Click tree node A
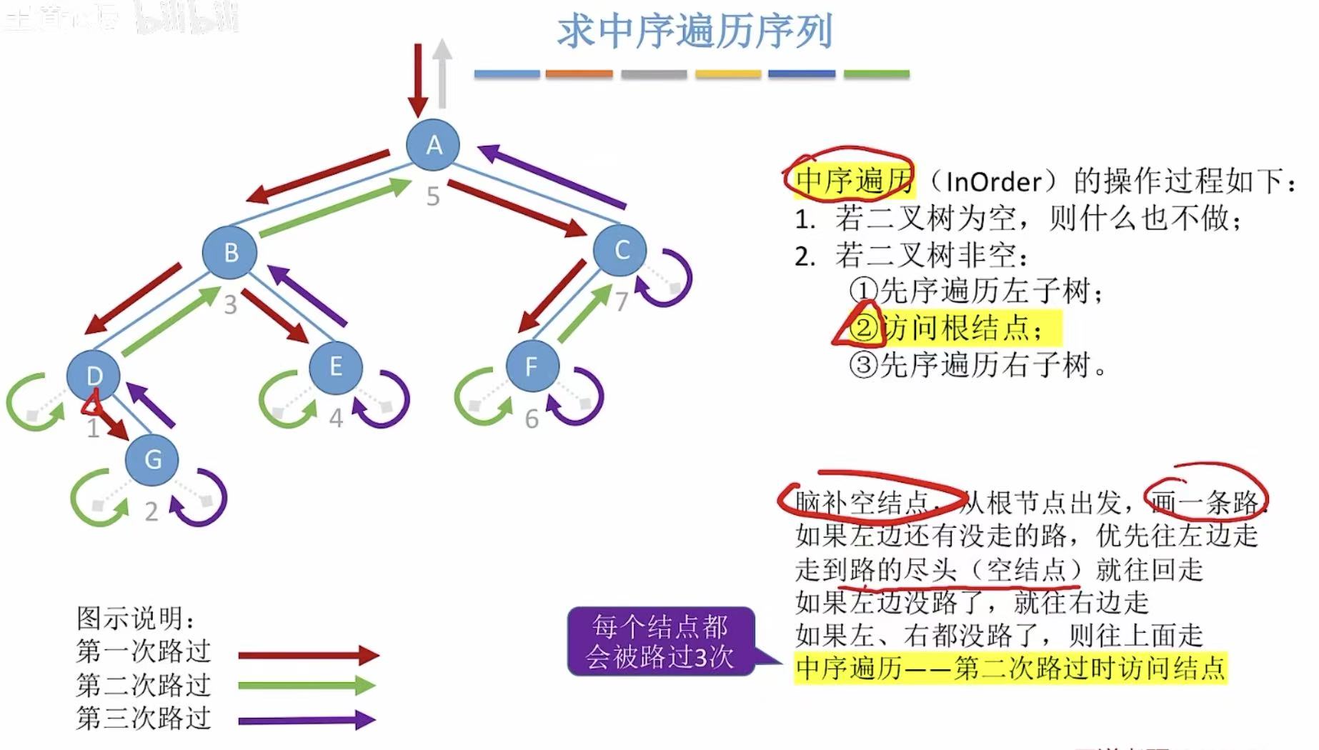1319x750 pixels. pyautogui.click(x=433, y=145)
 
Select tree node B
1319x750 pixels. pyautogui.click(x=230, y=252)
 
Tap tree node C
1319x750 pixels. pyautogui.click(x=620, y=250)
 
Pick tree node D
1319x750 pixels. pyautogui.click(x=94, y=375)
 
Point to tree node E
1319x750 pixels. pyautogui.click(x=336, y=367)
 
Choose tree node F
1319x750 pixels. pyautogui.click(x=532, y=367)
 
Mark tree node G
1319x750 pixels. pyautogui.click(x=152, y=459)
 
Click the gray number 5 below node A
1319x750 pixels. pyautogui.click(x=433, y=196)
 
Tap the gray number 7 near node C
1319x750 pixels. pyautogui.click(x=622, y=301)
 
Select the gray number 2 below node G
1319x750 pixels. pyautogui.click(x=151, y=511)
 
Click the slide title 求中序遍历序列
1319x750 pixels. pyautogui.click(x=695, y=31)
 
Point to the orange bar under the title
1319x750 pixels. pyautogui.click(x=579, y=74)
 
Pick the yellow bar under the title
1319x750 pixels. pyautogui.click(x=727, y=74)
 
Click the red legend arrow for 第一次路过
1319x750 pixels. pyautogui.click(x=308, y=654)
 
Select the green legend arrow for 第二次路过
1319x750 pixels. pyautogui.click(x=307, y=686)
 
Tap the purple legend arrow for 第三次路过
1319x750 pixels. pyautogui.click(x=307, y=719)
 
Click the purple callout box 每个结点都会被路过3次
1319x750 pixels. pyautogui.click(x=660, y=641)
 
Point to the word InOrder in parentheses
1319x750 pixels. pyautogui.click(x=993, y=181)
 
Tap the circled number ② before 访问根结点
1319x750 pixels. pyautogui.click(x=864, y=328)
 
